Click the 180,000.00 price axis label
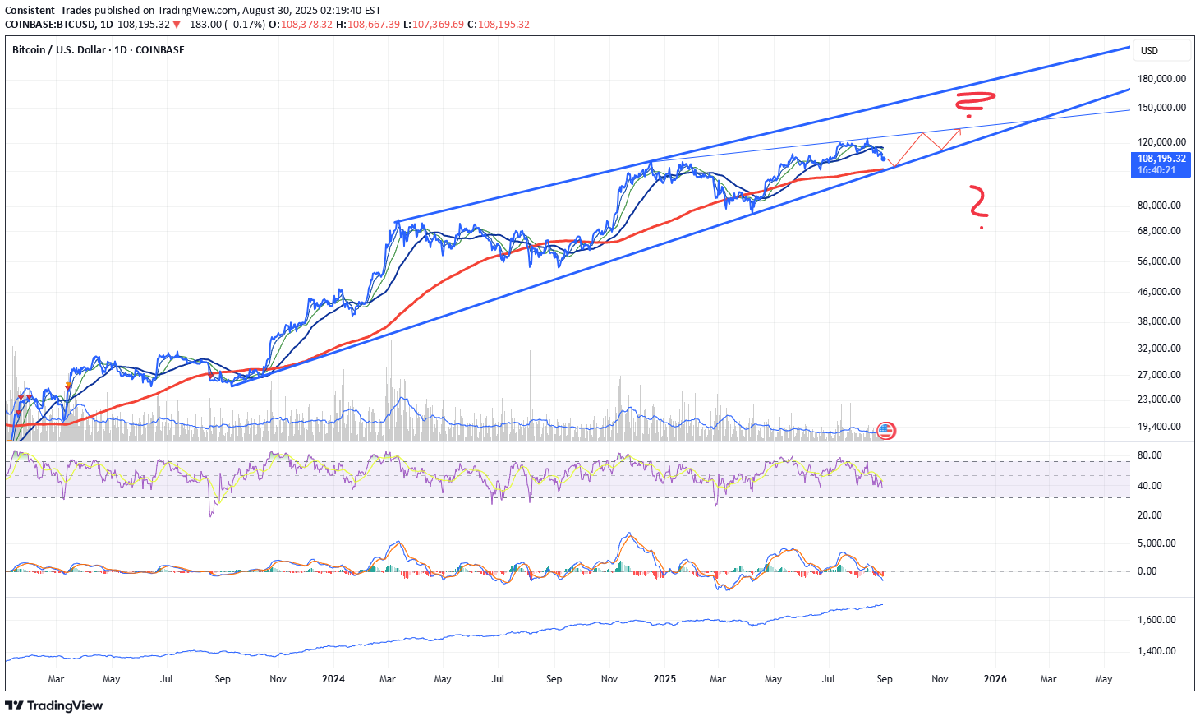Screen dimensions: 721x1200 coord(1161,79)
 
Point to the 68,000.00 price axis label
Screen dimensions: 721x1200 coord(1158,231)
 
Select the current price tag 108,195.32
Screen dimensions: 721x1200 coord(1161,159)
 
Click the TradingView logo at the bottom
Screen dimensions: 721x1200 coord(54,705)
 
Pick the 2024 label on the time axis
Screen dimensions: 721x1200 coord(333,679)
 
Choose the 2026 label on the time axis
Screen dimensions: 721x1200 coord(995,679)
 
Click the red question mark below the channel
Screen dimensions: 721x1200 coord(977,206)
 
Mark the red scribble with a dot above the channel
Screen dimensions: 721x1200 coord(974,103)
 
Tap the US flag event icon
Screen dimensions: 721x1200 coord(885,430)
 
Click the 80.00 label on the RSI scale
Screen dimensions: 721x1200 coord(1149,455)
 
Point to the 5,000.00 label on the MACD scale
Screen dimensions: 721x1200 coord(1156,543)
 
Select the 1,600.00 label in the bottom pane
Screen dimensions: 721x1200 coord(1156,620)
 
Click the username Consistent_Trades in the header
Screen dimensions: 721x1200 coord(48,11)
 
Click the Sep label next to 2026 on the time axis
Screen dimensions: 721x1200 coord(885,679)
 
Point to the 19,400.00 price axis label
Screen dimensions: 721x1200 coord(1158,427)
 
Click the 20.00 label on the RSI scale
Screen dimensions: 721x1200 coord(1149,515)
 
